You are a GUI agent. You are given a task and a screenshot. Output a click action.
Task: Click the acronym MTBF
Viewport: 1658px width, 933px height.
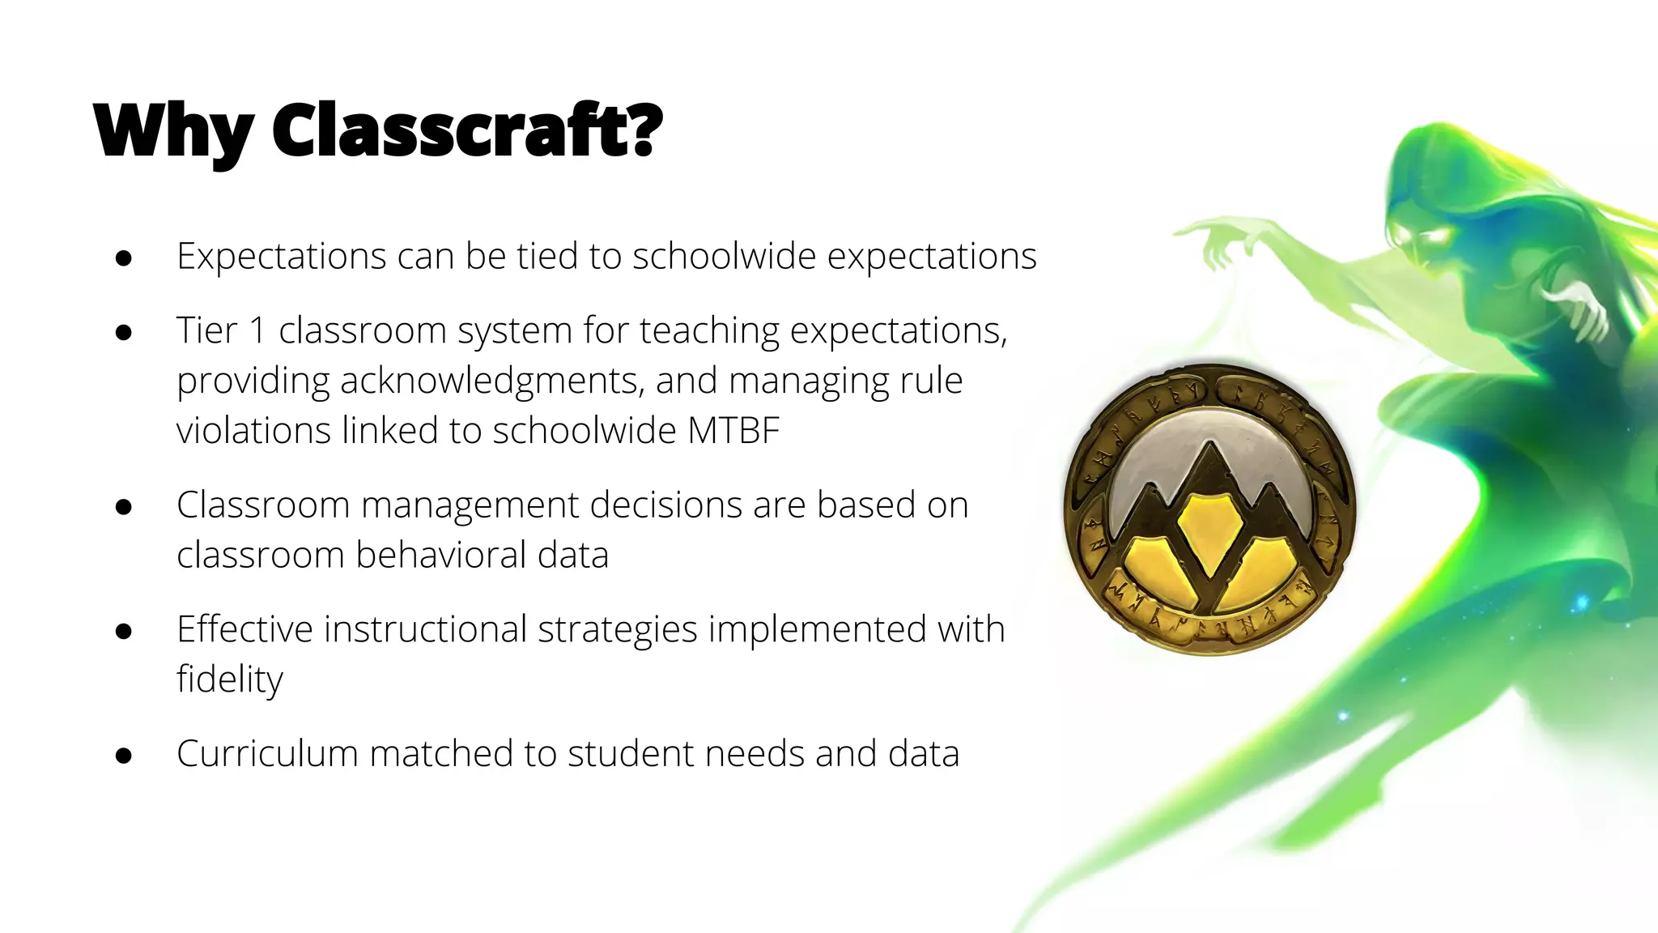[x=733, y=430]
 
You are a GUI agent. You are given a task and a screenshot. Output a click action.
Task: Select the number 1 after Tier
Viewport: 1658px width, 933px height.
[x=257, y=330]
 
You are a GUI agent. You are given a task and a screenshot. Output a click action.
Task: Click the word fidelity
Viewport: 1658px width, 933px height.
[x=230, y=679]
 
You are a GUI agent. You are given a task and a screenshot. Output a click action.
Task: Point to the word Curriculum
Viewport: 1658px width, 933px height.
[x=267, y=753]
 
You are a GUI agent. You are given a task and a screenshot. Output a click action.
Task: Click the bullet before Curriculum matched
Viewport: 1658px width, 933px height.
[x=124, y=756]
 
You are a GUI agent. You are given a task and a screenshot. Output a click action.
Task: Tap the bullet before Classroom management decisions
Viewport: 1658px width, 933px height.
[x=124, y=507]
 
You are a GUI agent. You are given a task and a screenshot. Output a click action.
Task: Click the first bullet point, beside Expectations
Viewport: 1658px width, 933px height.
[x=124, y=258]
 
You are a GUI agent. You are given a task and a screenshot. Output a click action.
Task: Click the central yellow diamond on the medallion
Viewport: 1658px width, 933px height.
[x=1209, y=530]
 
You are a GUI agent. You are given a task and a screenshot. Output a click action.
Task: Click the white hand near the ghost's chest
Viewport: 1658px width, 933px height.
[x=1579, y=308]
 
